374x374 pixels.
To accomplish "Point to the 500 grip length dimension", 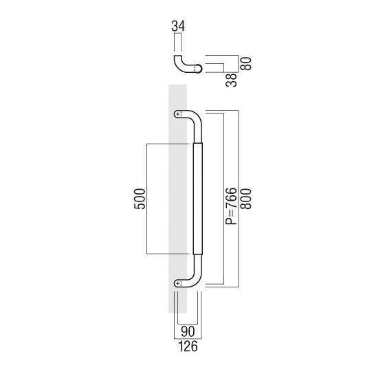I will tap(140, 199).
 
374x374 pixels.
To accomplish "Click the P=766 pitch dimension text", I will tap(231, 206).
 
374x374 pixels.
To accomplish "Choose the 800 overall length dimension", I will tap(245, 199).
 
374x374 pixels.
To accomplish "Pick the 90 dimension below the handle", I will tap(187, 332).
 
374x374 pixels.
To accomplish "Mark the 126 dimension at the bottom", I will tap(187, 347).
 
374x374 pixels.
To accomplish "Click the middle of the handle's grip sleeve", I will tap(199, 199).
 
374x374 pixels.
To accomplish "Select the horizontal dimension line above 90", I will tap(187, 324).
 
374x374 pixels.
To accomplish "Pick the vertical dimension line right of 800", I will tap(239, 199).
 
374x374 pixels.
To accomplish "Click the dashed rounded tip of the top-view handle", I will tap(199, 68).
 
